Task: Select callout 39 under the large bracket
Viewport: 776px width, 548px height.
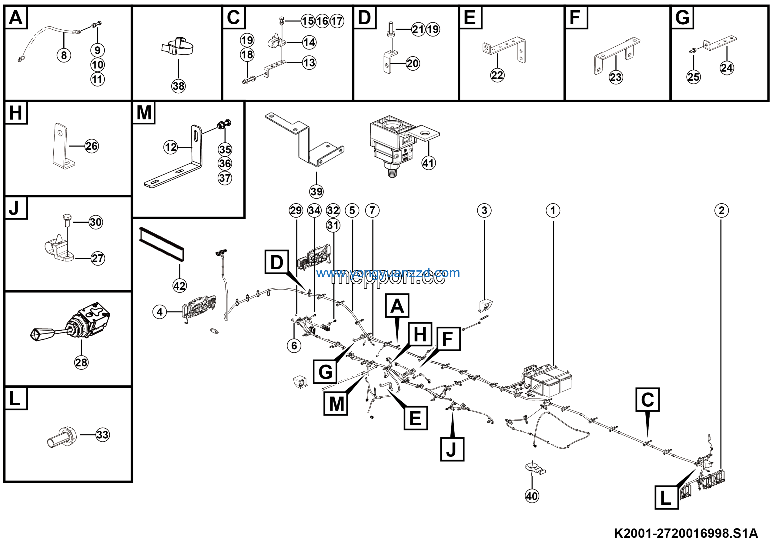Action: [316, 192]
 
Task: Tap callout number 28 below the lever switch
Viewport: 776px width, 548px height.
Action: [81, 363]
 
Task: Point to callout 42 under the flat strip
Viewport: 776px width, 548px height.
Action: [179, 286]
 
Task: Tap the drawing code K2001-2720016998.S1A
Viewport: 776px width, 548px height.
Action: [686, 533]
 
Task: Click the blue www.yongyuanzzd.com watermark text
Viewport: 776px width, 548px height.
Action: [388, 273]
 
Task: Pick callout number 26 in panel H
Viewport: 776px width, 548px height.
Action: [92, 146]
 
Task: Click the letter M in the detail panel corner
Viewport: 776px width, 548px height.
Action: [144, 112]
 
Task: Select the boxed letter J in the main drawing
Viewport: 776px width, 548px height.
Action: [452, 449]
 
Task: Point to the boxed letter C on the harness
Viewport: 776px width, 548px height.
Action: [647, 400]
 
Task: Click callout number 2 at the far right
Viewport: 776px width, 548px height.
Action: [721, 210]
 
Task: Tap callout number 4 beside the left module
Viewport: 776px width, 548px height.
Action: [160, 312]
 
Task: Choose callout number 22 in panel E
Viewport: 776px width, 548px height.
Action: [497, 75]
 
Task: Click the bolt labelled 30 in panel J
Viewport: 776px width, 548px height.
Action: [66, 220]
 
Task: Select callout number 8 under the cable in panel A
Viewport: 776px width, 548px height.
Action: [64, 55]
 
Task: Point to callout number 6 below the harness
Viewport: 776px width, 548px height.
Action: [294, 345]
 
